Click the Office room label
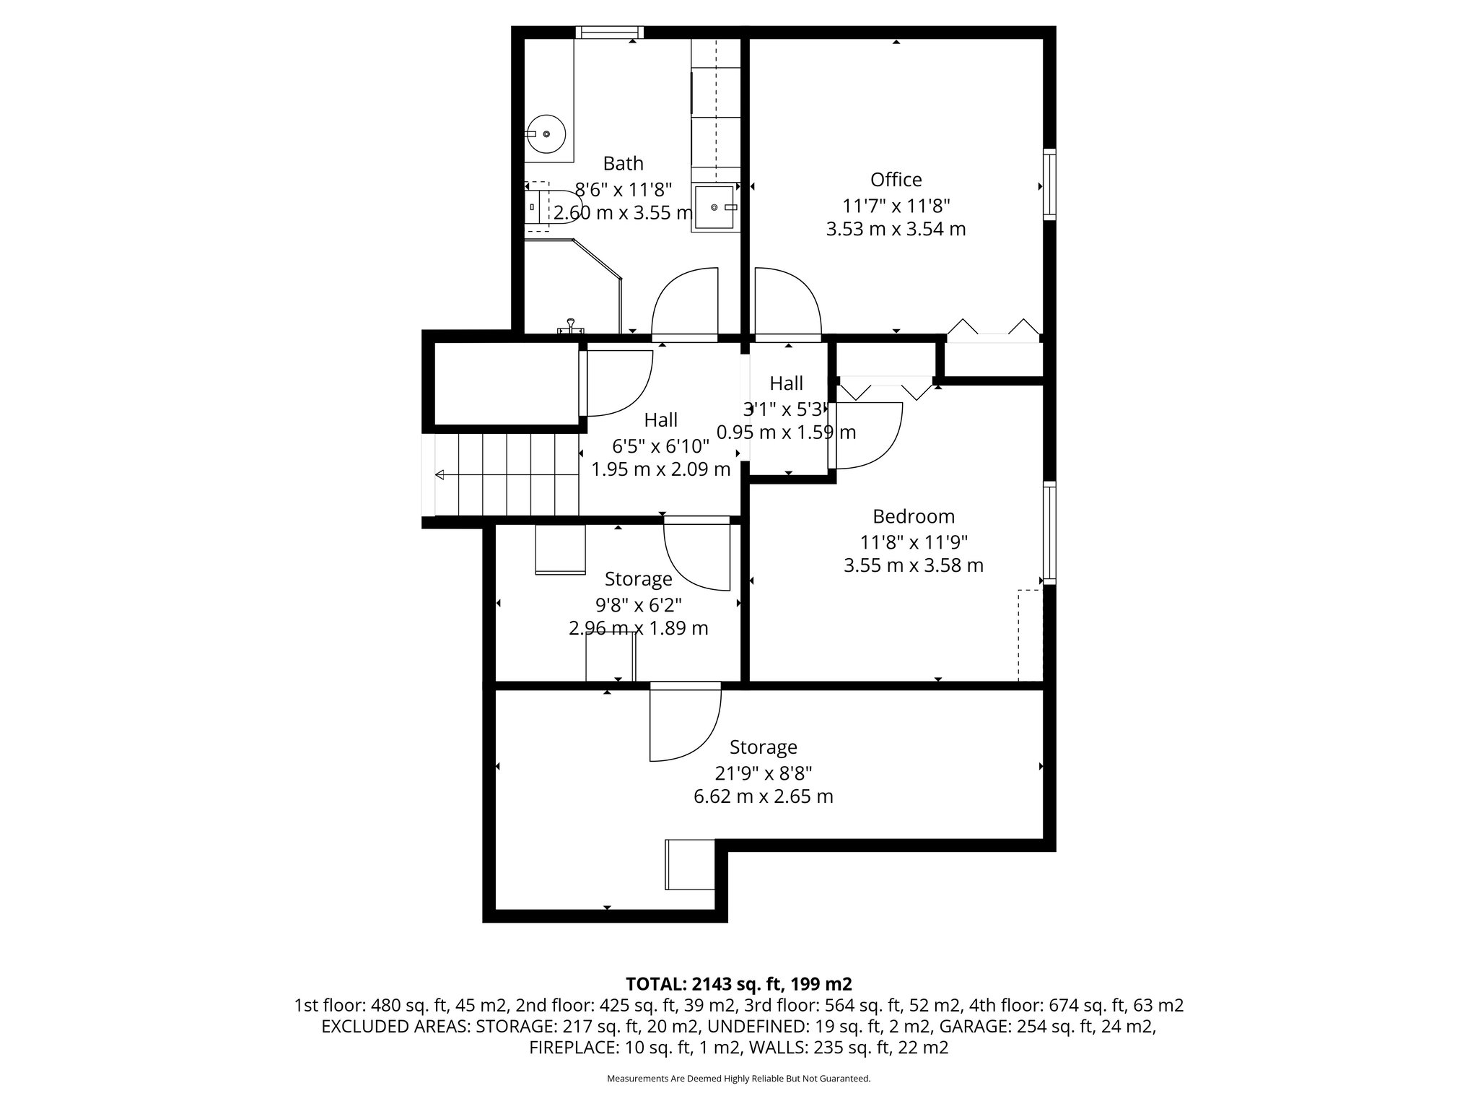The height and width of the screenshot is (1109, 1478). click(896, 180)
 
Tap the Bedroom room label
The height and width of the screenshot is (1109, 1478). click(913, 517)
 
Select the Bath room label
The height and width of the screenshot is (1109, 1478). click(623, 163)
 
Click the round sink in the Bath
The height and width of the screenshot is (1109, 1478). click(547, 134)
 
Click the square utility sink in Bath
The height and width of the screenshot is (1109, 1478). click(714, 207)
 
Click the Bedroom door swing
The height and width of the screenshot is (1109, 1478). click(866, 435)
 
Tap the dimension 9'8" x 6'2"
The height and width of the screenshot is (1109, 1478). click(638, 604)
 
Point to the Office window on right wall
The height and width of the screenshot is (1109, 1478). click(1050, 184)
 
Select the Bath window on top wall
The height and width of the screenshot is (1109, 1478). click(610, 32)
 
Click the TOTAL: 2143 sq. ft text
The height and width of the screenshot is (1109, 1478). click(738, 984)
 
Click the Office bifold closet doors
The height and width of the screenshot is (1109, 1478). click(993, 329)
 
